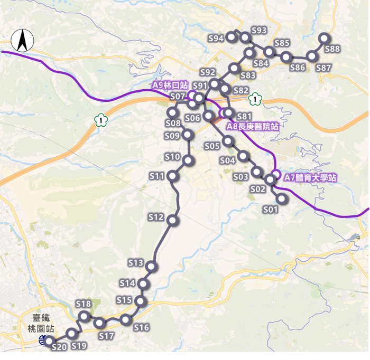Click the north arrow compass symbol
click(x=22, y=41)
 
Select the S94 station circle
click(x=232, y=37)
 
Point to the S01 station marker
click(x=281, y=198)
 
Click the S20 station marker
click(x=49, y=342)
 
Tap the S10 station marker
click(x=188, y=160)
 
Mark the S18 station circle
click(x=84, y=316)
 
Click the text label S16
click(x=141, y=328)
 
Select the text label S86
click(x=298, y=68)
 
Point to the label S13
click(x=136, y=263)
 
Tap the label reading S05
click(x=211, y=146)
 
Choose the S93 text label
click(x=259, y=30)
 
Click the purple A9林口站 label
click(x=170, y=84)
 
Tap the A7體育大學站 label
click(x=310, y=178)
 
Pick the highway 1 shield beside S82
click(x=256, y=98)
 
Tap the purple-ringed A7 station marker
click(x=275, y=175)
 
